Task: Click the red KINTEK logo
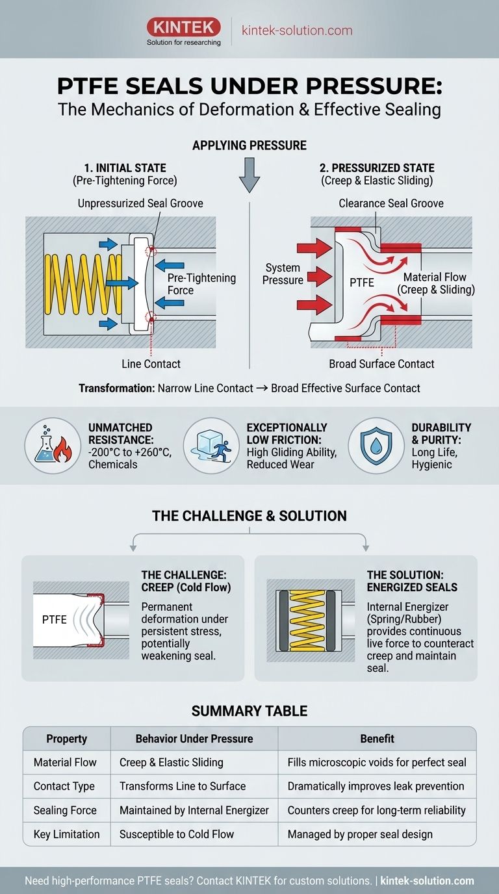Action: tap(184, 27)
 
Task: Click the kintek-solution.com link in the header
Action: tap(297, 30)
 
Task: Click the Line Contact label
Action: tap(151, 364)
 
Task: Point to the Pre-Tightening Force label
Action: tap(201, 284)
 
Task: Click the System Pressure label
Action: tap(283, 274)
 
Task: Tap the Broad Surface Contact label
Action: tap(381, 363)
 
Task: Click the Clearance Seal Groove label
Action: tap(391, 203)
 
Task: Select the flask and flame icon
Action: tap(53, 446)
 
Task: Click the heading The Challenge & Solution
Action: tap(249, 516)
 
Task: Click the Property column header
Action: tap(66, 739)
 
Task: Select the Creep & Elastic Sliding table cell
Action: tap(171, 762)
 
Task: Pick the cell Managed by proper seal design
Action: tap(360, 834)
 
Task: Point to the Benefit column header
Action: tap(377, 739)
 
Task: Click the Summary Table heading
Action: tap(249, 711)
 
